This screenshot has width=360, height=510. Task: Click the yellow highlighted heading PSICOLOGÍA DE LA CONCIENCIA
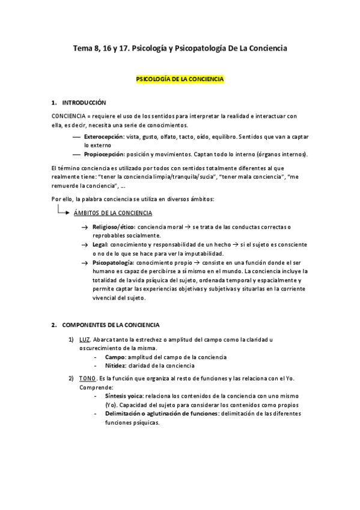[180, 79]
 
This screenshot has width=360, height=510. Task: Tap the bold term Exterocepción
[104, 137]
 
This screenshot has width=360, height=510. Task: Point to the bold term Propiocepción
[105, 155]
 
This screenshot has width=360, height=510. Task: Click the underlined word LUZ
[85, 340]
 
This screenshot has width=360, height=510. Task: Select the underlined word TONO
[87, 378]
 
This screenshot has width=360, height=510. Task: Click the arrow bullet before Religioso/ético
[85, 227]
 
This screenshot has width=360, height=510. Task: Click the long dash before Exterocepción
[76, 137]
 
